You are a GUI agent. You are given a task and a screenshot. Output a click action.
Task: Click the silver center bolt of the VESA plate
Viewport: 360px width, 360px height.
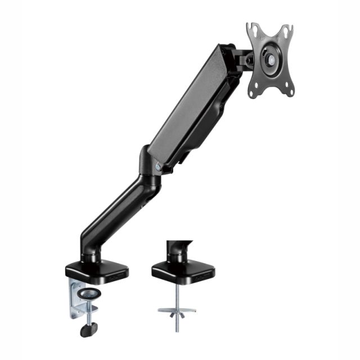pos(271,58)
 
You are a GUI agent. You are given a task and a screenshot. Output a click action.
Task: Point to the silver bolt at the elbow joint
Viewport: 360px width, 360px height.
pos(159,166)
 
